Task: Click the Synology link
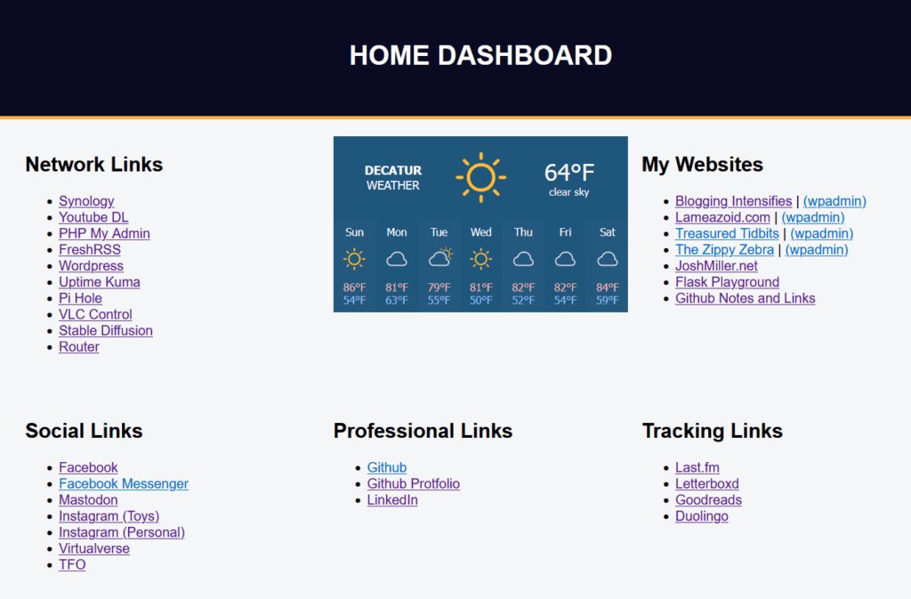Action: point(86,201)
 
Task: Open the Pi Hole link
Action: point(80,298)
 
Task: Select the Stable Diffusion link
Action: point(106,330)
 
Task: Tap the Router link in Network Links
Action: point(79,347)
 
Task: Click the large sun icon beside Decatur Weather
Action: point(480,177)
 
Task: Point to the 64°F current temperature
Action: point(568,172)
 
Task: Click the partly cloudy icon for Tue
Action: point(439,258)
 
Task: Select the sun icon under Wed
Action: point(480,258)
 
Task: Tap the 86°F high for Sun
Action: point(354,287)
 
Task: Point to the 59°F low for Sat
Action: point(607,300)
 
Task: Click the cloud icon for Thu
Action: point(523,259)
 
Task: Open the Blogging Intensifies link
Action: point(733,201)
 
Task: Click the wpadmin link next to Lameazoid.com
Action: point(813,217)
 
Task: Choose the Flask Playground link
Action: point(727,282)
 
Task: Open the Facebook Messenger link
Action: point(123,483)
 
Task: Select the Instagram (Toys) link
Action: point(109,516)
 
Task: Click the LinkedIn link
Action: point(392,499)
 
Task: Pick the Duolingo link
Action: point(701,516)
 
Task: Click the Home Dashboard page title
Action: point(480,56)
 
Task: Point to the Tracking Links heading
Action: point(713,431)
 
